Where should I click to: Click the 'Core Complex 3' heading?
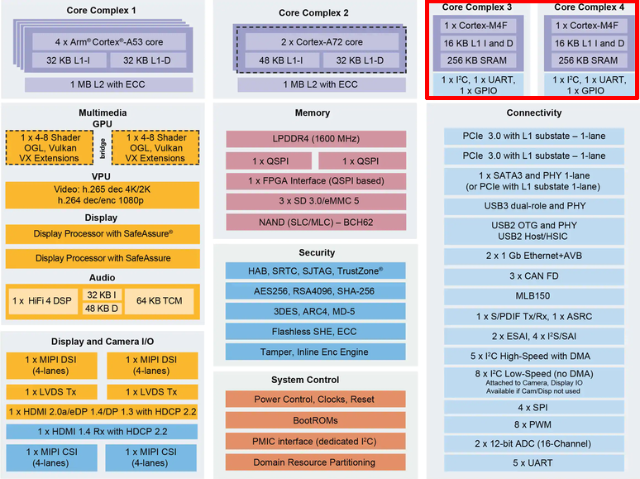point(476,7)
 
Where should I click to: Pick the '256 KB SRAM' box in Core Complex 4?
point(588,60)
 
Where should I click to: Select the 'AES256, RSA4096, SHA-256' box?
point(315,292)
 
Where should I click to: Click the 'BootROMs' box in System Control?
point(315,420)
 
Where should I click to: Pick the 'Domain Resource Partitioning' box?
point(315,462)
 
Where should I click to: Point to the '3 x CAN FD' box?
point(534,275)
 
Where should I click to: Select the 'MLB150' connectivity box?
point(534,296)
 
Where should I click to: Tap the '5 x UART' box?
point(534,462)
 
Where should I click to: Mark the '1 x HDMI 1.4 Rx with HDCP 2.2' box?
point(103,431)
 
